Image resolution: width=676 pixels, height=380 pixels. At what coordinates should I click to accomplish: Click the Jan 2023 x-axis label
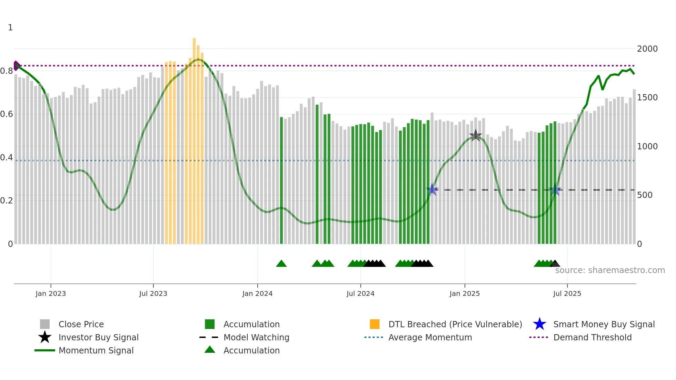coord(51,293)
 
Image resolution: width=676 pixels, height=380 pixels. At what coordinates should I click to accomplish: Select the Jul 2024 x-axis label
coord(360,293)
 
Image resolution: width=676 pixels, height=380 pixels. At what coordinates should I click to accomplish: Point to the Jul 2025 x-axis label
coord(567,293)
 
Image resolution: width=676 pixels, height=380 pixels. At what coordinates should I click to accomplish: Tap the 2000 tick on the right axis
coord(647,49)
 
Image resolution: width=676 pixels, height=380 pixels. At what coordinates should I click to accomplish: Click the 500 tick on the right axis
coord(645,195)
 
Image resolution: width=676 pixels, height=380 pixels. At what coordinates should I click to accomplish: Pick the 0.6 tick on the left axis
coord(7,114)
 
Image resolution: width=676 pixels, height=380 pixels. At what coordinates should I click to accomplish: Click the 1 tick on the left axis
coord(10,28)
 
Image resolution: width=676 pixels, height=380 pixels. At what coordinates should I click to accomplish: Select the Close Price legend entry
coord(81,324)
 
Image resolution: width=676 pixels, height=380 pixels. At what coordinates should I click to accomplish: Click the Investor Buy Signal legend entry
coord(98,337)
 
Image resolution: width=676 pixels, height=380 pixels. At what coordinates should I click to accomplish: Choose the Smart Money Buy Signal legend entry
coord(604,324)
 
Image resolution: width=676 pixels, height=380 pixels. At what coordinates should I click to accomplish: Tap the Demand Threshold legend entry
coord(592,337)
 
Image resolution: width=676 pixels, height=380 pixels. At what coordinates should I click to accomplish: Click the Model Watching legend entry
coord(256,337)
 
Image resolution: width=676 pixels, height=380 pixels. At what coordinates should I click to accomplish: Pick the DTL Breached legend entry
coord(455,324)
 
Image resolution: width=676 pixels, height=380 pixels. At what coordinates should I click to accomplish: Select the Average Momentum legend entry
coord(430,337)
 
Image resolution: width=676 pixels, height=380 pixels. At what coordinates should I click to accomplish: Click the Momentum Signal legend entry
coord(96,350)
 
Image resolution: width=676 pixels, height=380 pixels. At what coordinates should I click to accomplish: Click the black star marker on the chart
coord(476,136)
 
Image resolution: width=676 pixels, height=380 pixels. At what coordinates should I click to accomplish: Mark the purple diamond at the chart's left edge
coord(16,66)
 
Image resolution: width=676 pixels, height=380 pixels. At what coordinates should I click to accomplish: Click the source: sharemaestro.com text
coord(610,270)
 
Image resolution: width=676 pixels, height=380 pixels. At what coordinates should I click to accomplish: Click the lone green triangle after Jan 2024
coord(281,264)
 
